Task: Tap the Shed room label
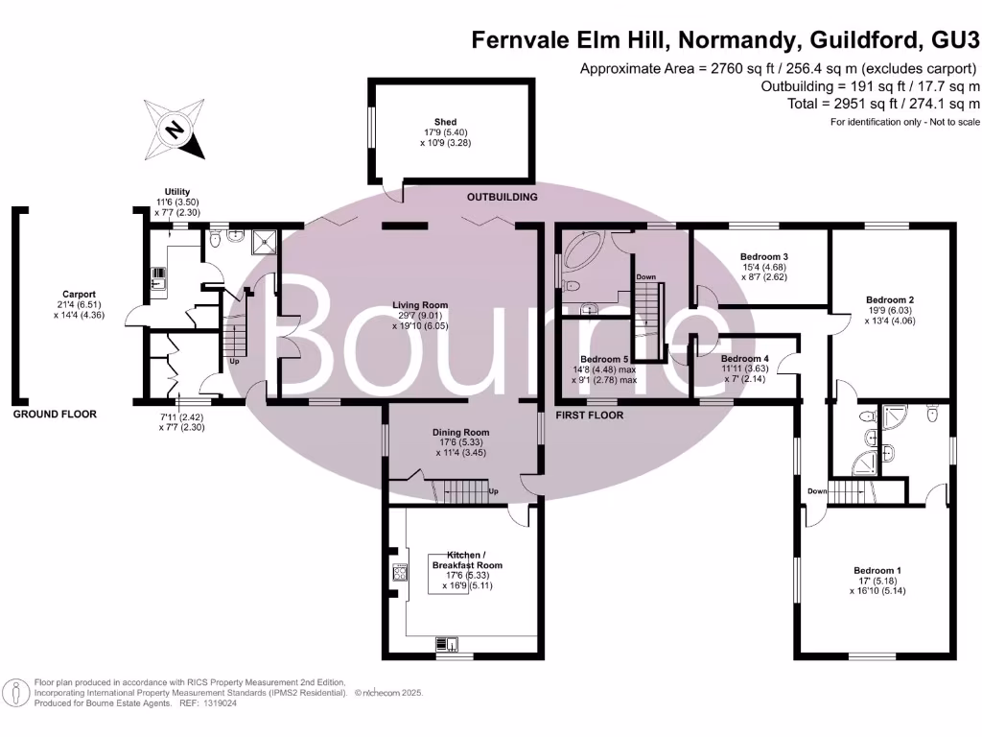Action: (x=445, y=123)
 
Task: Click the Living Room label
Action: (x=427, y=305)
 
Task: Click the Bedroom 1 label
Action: (x=877, y=571)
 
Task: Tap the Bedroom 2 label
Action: (x=889, y=299)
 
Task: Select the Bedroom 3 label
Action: (x=764, y=257)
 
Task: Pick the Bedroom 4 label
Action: (x=744, y=358)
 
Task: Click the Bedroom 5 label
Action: (x=604, y=359)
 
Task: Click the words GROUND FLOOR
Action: (x=55, y=415)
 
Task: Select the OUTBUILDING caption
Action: (x=502, y=197)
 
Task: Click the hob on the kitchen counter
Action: (x=398, y=575)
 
